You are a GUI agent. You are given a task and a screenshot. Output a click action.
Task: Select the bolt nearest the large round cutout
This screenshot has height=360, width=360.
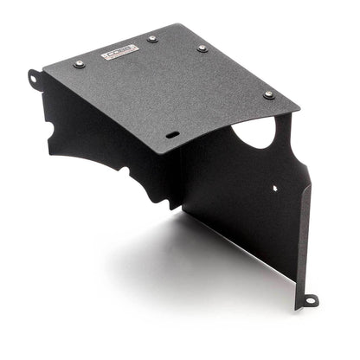tap(267, 94)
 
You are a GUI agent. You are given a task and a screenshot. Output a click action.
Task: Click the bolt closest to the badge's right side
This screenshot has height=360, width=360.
tap(152, 39)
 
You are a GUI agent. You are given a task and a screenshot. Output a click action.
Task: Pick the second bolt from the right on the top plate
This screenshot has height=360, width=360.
tap(202, 48)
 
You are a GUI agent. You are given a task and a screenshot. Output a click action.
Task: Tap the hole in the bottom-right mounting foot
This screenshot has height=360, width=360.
tap(310, 299)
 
